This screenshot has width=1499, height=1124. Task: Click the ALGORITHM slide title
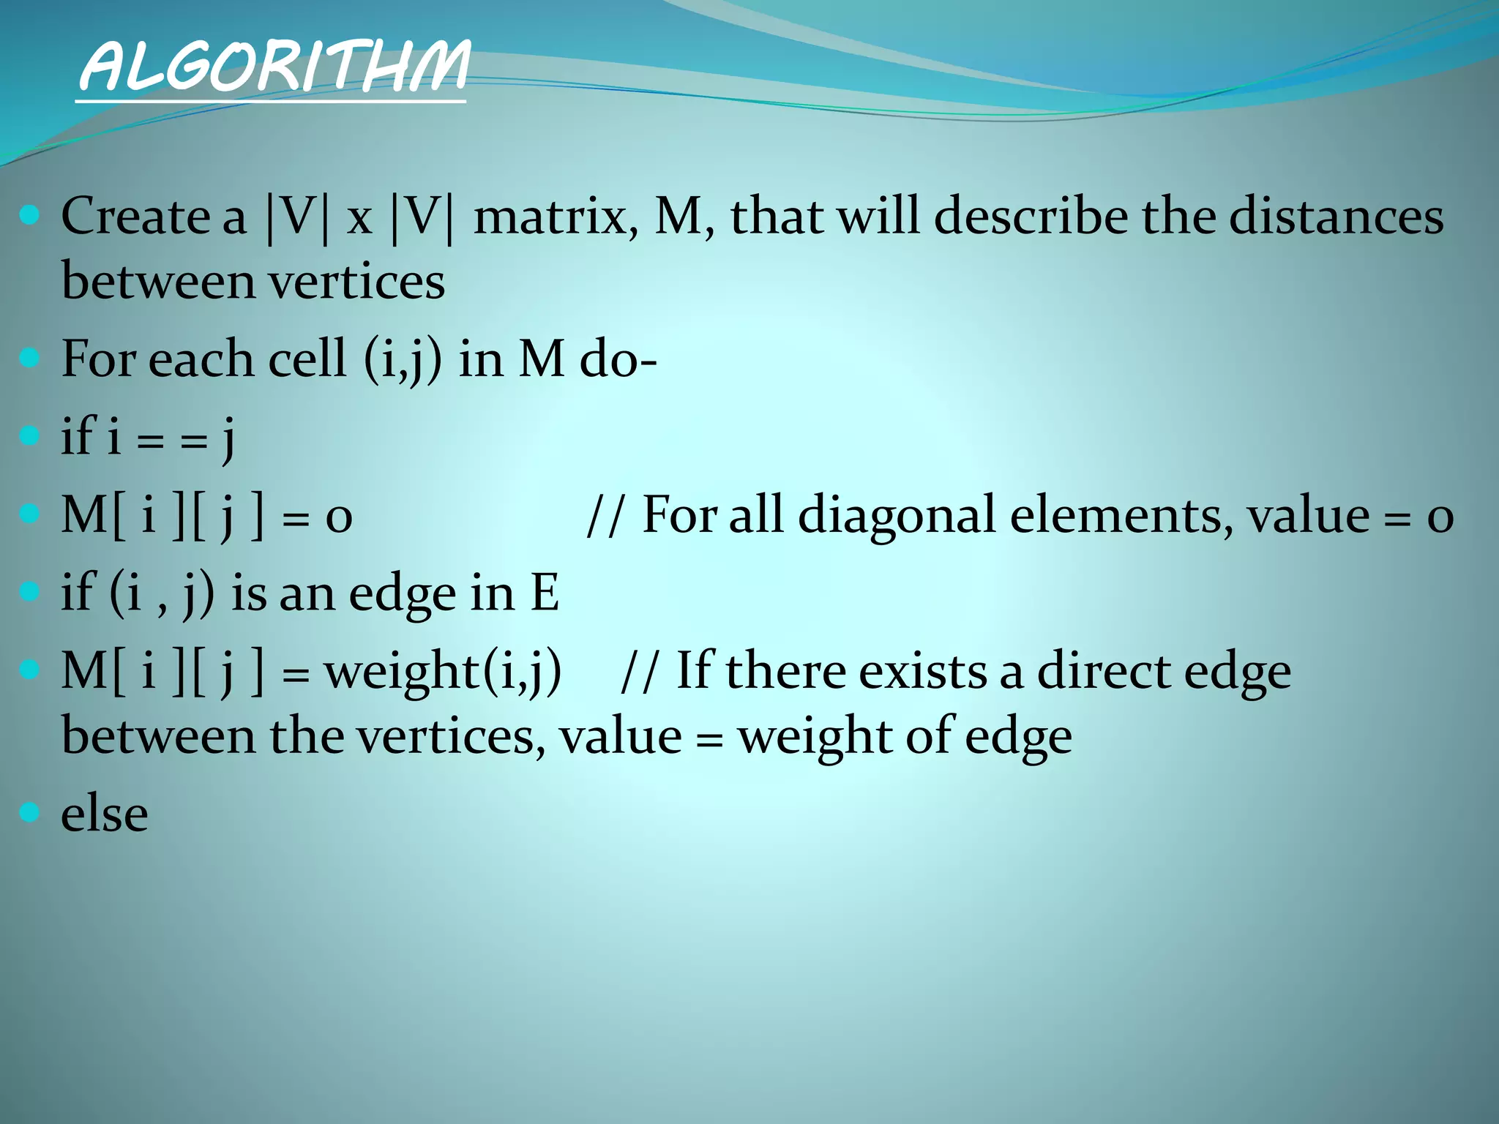272,67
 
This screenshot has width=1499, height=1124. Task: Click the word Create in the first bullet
135,217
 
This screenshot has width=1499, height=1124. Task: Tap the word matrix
555,217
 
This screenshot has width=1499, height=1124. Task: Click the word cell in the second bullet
307,359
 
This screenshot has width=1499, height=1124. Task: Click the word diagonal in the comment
897,514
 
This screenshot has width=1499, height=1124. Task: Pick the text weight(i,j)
443,671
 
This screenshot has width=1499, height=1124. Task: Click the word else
105,814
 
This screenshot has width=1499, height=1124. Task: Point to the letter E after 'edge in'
545,593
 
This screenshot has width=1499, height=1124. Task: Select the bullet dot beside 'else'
29,812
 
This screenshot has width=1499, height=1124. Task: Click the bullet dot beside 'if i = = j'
29,436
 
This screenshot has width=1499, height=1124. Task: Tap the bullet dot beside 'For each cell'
29,358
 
